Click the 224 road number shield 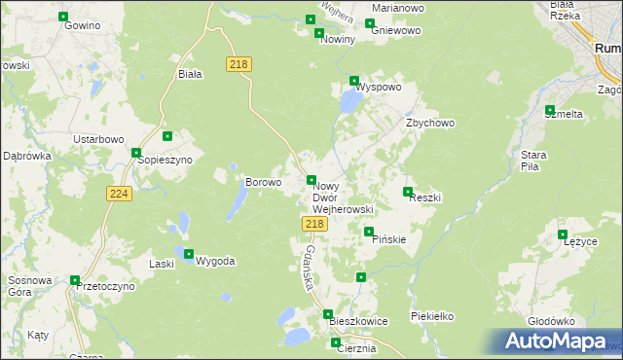pyautogui.click(x=118, y=195)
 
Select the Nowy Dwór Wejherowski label pyautogui.click(x=342, y=198)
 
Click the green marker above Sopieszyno pyautogui.click(x=167, y=137)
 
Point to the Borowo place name pyautogui.click(x=263, y=182)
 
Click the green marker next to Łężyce pyautogui.click(x=563, y=234)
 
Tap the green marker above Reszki pyautogui.click(x=408, y=192)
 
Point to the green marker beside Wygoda pyautogui.click(x=189, y=253)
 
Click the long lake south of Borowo pyautogui.click(x=237, y=201)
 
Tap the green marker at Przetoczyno pyautogui.click(x=75, y=280)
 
